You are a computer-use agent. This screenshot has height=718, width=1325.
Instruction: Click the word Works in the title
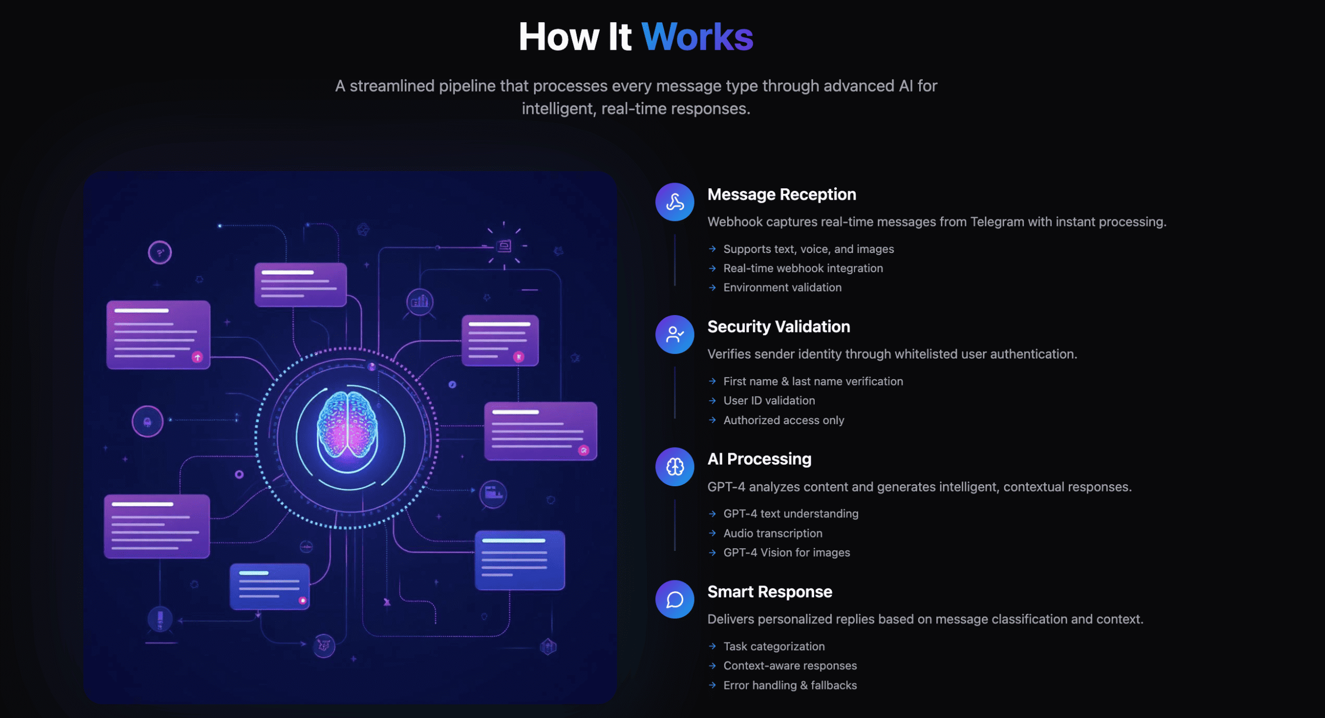(697, 37)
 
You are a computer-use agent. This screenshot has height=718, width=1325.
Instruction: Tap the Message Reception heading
(782, 195)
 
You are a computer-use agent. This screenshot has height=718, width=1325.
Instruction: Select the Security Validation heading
(778, 327)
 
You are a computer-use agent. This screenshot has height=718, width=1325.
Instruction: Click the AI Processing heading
(759, 459)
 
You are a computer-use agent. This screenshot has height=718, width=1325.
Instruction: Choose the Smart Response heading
(770, 592)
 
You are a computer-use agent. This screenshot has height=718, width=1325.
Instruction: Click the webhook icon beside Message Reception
(674, 202)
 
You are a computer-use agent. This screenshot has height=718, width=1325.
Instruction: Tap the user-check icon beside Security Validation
(674, 335)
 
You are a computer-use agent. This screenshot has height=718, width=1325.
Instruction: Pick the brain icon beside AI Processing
(674, 467)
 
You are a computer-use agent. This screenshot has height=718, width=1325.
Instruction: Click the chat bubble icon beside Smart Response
(674, 600)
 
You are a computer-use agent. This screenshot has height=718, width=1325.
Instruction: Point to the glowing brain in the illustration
(347, 424)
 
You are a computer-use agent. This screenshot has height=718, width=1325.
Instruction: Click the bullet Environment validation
(782, 288)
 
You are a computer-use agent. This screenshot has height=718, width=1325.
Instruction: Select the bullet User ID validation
(769, 401)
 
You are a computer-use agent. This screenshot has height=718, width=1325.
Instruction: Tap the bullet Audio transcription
(773, 533)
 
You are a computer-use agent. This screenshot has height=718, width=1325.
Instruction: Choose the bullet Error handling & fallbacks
(790, 685)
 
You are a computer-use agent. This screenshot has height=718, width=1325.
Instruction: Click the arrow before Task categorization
(713, 647)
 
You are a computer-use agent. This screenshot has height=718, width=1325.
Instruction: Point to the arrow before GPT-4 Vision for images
(713, 553)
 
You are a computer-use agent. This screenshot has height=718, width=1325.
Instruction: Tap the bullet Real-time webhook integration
(803, 268)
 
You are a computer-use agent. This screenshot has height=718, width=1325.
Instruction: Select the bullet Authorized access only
(784, 421)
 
